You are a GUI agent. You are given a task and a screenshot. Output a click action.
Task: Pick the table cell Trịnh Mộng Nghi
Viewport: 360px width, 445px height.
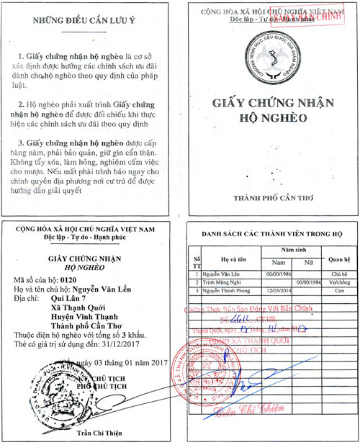click(220, 284)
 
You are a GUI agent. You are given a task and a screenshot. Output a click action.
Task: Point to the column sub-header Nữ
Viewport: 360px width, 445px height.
click(306, 264)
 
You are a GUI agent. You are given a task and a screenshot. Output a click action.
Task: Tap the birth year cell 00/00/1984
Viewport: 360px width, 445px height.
click(306, 284)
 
